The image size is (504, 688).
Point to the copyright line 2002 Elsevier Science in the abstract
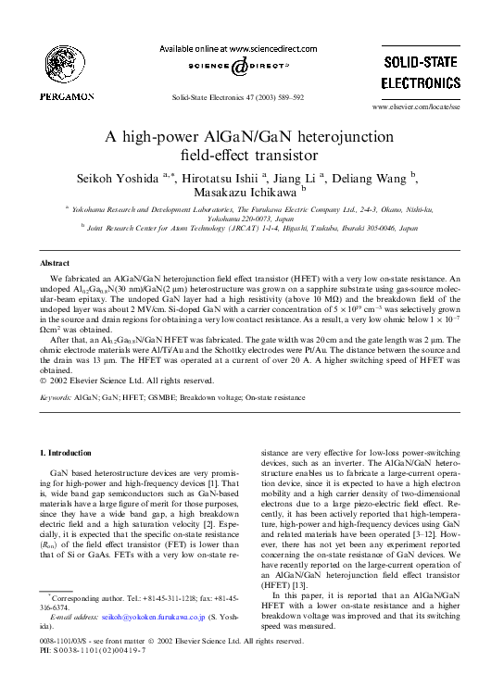tap(120, 380)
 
